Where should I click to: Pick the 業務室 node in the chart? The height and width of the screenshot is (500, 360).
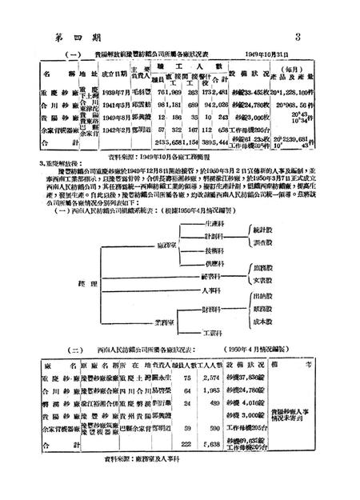[x=160, y=320]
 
